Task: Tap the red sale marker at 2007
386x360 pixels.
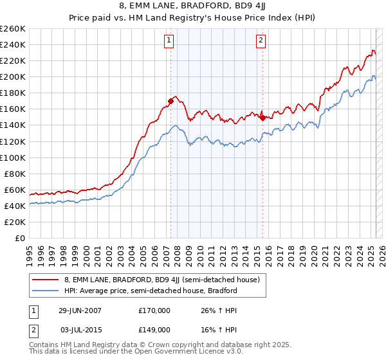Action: click(x=170, y=100)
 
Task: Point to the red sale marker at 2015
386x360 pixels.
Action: click(x=262, y=118)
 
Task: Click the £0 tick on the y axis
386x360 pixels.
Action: click(x=21, y=238)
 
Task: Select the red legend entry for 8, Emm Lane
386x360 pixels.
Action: click(x=161, y=280)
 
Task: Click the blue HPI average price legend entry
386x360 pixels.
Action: click(x=151, y=291)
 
